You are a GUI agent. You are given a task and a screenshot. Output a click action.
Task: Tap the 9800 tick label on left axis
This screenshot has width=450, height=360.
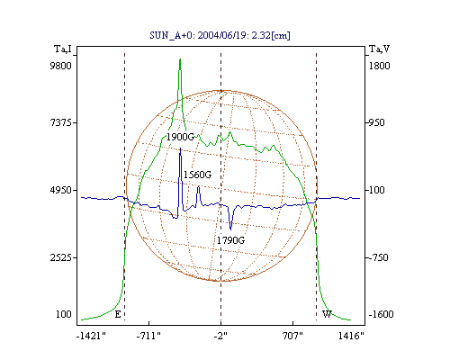[x=60, y=66]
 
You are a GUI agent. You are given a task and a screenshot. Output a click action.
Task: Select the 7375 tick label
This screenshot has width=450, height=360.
[x=60, y=122]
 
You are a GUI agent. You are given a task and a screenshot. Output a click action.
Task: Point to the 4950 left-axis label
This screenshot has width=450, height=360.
[x=60, y=190]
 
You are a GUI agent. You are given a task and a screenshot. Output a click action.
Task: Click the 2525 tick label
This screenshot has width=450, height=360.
[x=60, y=257]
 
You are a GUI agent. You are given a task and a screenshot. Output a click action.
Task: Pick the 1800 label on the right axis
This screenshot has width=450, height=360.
[x=379, y=66]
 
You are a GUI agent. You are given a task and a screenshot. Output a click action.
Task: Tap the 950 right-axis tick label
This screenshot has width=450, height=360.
[x=377, y=122]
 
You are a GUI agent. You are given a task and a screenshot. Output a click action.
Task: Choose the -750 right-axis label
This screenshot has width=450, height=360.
[x=378, y=257]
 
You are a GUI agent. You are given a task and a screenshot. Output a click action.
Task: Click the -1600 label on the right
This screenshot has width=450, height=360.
[x=381, y=314]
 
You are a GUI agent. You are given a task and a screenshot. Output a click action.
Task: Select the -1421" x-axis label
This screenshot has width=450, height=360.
[x=92, y=336]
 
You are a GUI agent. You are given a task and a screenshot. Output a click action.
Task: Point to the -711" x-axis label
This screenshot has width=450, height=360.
[x=148, y=336]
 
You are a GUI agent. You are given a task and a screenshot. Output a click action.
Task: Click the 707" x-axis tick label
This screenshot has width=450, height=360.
[x=292, y=336]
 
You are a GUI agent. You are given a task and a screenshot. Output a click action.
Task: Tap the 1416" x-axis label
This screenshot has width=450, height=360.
[x=351, y=336]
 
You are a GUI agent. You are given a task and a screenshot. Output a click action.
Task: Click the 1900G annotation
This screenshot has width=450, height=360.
[x=180, y=137]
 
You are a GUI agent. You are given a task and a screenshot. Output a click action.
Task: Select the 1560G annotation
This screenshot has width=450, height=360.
[x=197, y=175]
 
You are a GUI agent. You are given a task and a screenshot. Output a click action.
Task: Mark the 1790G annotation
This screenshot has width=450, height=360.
[x=230, y=240]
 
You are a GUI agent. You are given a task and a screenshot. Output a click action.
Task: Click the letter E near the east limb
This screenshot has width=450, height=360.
[x=118, y=314]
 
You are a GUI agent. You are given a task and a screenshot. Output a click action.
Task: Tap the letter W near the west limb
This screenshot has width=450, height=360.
[x=327, y=314]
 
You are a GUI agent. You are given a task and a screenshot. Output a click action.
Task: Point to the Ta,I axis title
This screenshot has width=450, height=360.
[x=63, y=49]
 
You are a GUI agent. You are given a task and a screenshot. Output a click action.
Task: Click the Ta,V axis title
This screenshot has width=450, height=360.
[x=379, y=49]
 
